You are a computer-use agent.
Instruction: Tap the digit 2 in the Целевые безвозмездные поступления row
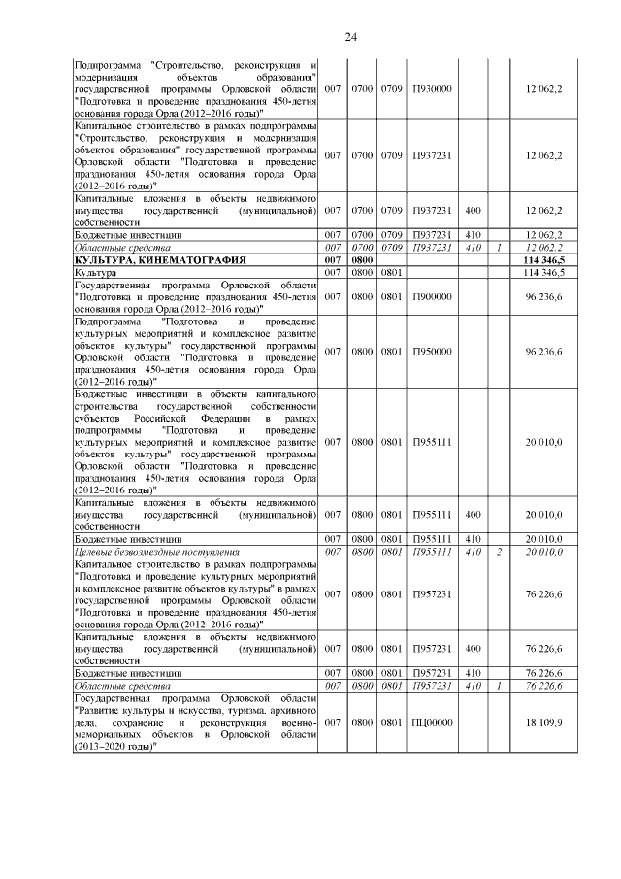499,552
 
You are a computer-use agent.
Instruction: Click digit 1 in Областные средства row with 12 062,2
499,248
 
